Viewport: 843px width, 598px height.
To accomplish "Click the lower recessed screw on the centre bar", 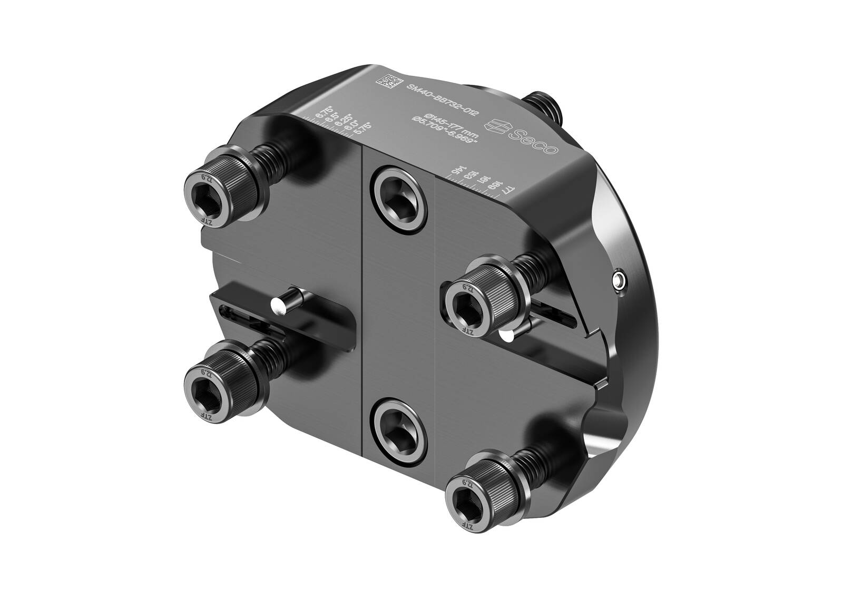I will tap(398, 427).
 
